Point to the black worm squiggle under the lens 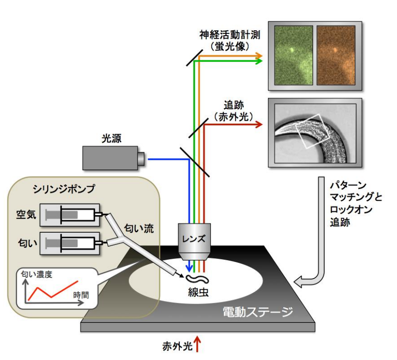[197, 279]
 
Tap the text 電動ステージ [256, 311]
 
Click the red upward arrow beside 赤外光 [197, 344]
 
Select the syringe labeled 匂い [70, 242]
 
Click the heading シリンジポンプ [64, 189]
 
